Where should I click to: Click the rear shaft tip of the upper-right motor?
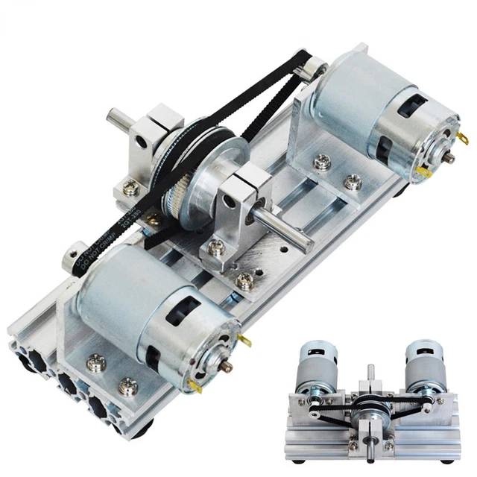coord(450,158)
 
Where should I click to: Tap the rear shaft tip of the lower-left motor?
coord(227,367)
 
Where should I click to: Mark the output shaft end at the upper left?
coord(113,118)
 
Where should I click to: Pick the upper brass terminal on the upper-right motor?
coord(463,138)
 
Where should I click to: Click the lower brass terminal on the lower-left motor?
coord(195,385)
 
